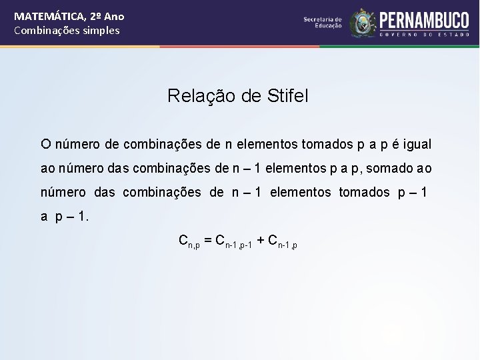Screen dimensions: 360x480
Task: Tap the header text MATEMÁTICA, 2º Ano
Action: point(69,17)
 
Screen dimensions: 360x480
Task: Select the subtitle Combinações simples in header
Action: point(67,31)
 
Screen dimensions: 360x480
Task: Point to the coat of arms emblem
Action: point(363,23)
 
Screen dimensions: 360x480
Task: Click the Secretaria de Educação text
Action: point(323,23)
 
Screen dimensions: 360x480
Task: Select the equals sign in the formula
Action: point(208,239)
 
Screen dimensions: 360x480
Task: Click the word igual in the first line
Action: point(417,144)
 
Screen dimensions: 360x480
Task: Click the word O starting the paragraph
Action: point(45,144)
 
